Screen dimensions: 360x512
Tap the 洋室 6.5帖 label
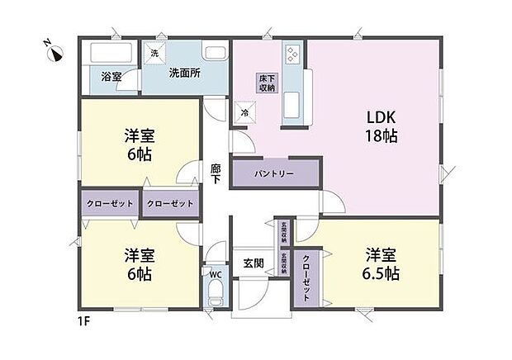[x=380, y=263]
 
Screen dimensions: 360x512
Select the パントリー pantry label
[x=274, y=174]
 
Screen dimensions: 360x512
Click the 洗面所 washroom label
[x=184, y=73]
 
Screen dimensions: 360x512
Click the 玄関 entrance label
[x=254, y=263]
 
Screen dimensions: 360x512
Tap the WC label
[x=215, y=273]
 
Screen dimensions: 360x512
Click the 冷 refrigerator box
[x=244, y=113]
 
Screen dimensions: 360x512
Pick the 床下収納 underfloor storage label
[x=266, y=83]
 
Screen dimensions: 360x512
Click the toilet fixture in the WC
[x=214, y=293]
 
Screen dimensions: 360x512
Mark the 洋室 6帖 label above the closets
[x=140, y=145]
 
